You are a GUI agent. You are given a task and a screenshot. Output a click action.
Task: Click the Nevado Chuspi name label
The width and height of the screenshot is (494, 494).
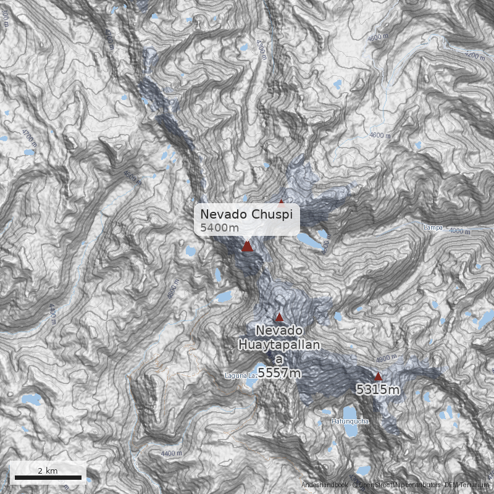point(248,214)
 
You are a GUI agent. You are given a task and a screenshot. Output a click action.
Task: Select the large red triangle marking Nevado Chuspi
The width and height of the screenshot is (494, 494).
point(247,246)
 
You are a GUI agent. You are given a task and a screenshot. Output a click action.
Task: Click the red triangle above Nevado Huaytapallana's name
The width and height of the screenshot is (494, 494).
point(279,317)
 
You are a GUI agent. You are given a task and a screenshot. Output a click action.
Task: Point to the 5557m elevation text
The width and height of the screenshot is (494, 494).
point(279,373)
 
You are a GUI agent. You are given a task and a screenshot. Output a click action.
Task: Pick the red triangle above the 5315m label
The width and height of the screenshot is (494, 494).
point(378,376)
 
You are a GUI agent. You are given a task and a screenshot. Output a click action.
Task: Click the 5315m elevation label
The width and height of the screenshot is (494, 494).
point(377,390)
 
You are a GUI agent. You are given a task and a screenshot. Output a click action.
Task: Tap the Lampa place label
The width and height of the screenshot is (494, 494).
point(433,227)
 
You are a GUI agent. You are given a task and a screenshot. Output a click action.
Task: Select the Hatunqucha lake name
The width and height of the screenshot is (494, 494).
point(350,421)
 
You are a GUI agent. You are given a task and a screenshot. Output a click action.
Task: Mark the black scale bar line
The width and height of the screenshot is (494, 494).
point(48,477)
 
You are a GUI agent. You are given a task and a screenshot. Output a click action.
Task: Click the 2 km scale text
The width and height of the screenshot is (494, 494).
point(48,471)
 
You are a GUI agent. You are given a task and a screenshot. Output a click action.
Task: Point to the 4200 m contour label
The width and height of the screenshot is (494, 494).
point(474,56)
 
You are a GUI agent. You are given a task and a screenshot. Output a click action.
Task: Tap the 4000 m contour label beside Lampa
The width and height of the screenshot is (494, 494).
point(460,231)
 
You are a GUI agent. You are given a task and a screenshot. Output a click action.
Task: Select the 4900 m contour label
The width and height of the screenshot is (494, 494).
point(386,358)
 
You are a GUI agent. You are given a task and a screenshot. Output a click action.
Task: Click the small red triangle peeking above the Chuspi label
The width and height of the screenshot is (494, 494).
point(282,202)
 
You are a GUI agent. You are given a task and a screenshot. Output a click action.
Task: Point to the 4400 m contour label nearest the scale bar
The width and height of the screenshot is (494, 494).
point(171,454)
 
